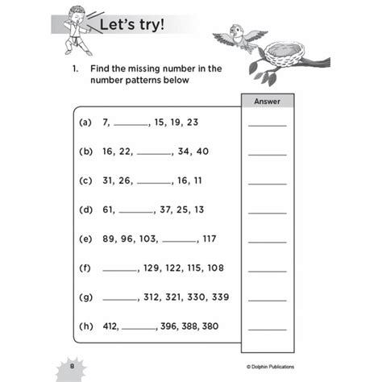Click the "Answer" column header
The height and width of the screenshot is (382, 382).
coord(267,102)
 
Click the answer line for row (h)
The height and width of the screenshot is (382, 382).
coord(267,330)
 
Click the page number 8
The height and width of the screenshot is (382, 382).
coord(73,368)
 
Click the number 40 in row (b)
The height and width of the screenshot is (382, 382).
coord(202,152)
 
